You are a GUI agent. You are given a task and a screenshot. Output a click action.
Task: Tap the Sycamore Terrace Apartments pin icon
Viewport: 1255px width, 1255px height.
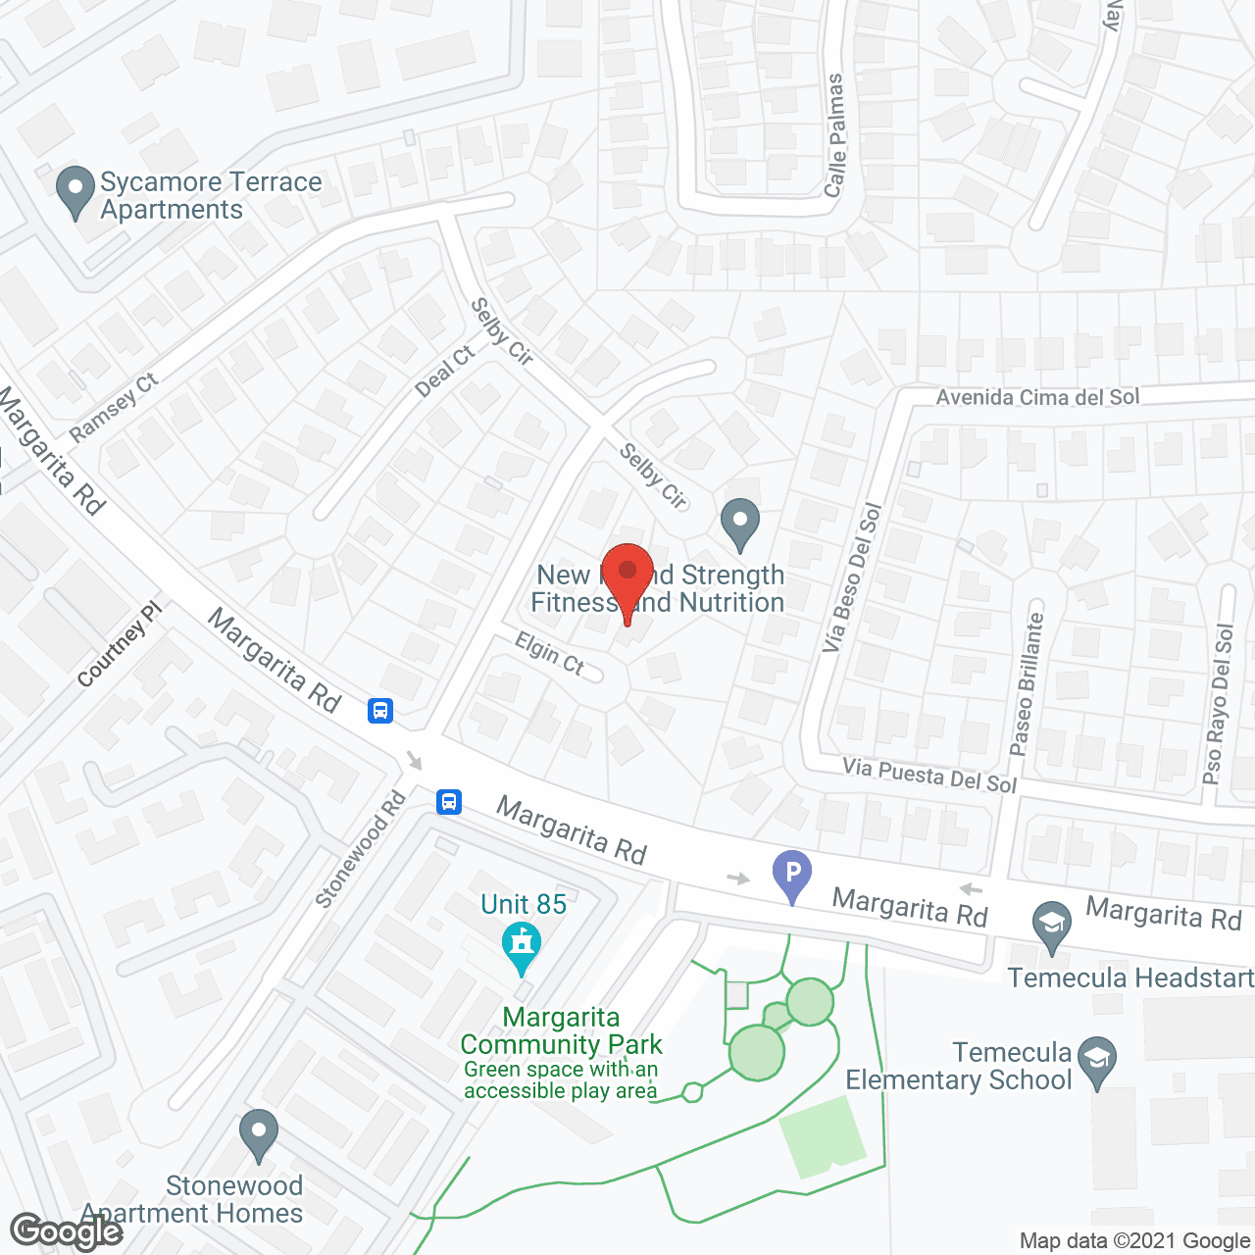75,192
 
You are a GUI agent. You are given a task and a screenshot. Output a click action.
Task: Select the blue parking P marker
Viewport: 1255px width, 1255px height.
792,875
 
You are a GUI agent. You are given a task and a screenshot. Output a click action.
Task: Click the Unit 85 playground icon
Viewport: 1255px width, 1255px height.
522,947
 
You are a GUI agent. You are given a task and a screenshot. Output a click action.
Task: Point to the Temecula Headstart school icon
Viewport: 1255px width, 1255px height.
1052,927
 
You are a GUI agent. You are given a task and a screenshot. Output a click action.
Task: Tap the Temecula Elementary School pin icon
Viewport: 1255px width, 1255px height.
1097,1061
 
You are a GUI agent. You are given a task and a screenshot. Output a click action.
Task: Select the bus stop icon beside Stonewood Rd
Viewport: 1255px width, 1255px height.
449,802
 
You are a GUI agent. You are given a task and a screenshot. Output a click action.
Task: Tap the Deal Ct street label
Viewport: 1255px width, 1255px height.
445,372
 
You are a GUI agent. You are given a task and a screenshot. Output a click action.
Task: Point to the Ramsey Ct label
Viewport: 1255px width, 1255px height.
114,408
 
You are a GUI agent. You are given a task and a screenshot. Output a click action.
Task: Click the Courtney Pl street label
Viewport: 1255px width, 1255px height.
119,644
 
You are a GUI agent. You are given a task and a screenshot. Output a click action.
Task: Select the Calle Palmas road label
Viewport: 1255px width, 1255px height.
835,134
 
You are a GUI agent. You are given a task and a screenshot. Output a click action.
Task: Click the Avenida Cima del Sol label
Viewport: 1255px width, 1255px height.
1037,397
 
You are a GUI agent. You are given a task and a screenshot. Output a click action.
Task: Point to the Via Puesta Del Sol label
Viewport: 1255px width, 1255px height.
929,776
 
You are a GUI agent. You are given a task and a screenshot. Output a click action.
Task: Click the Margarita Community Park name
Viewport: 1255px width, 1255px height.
561,1031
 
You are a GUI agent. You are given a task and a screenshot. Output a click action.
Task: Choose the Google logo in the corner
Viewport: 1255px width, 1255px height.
66,1230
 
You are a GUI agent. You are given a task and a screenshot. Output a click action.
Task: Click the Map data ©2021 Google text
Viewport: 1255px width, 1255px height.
1135,1241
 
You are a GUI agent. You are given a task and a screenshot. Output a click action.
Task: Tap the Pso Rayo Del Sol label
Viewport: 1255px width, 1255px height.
1219,704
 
